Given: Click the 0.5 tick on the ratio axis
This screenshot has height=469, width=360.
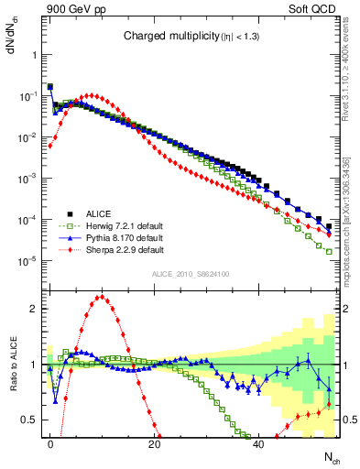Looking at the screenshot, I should (29, 420).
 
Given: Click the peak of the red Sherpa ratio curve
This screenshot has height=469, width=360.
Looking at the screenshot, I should (101, 297).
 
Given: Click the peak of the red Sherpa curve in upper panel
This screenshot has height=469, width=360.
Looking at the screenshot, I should (90, 94).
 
